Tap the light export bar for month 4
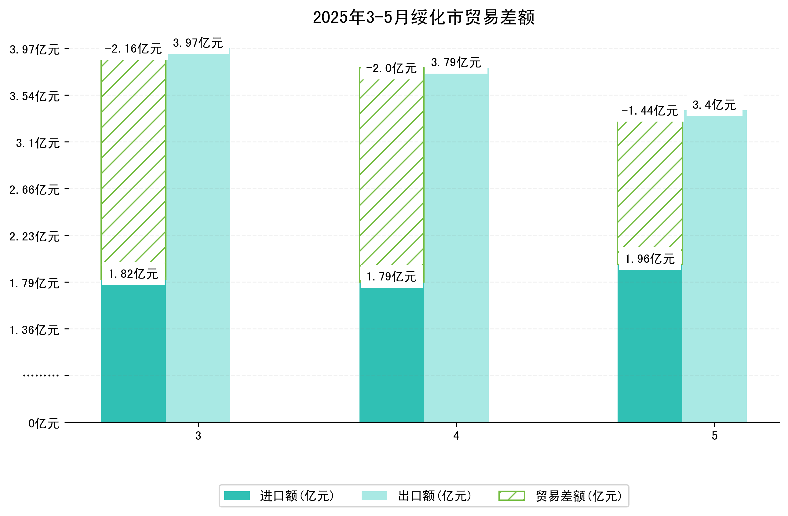tap(456, 248)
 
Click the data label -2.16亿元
tap(133, 49)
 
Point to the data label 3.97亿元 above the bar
tap(198, 43)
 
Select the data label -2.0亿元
tap(391, 68)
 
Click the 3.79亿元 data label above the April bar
tap(456, 63)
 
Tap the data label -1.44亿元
tap(650, 111)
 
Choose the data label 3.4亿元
tap(714, 105)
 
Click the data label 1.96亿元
tap(650, 259)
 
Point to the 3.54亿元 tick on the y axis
tap(35, 96)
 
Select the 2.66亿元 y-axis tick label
tap(35, 190)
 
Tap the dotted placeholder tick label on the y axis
tap(41, 375)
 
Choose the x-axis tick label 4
tap(456, 436)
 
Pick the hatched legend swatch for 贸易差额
tap(512, 496)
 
